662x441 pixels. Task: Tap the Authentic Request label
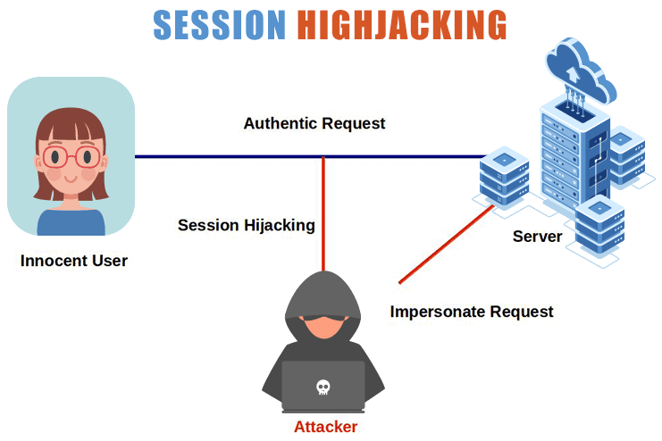(314, 123)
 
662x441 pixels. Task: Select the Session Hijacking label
(246, 225)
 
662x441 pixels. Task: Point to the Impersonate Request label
(472, 312)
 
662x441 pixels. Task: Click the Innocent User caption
(74, 261)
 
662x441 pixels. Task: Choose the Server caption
(537, 237)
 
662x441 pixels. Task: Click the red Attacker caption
(325, 427)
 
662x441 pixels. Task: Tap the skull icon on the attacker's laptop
(323, 387)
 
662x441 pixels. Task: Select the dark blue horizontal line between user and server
(223, 157)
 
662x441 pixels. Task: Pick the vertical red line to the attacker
(323, 214)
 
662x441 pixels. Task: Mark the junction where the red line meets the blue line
(323, 157)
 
